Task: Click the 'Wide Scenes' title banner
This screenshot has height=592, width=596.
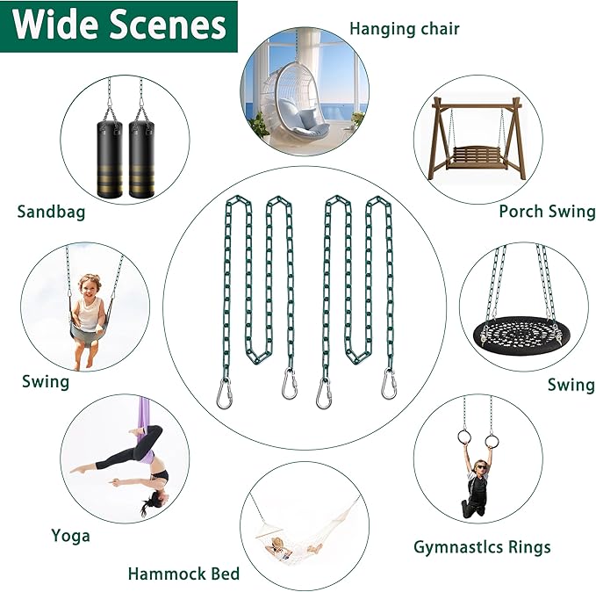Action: point(118,25)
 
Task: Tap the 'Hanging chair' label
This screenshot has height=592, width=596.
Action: point(405,29)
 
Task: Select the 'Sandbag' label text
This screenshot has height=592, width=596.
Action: point(51,212)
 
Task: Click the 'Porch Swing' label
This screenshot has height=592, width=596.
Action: point(548,212)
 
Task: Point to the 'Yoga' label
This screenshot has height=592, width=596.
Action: point(71,536)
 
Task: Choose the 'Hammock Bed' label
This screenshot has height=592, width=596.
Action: point(184,574)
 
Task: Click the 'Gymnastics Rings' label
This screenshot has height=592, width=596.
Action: point(482,547)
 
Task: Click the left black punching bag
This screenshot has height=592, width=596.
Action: point(110,159)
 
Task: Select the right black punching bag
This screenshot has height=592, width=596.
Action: point(142,159)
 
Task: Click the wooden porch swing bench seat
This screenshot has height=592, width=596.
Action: point(478,157)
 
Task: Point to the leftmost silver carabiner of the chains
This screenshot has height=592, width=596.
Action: point(223,393)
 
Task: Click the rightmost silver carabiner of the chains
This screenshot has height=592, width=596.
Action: point(389,384)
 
